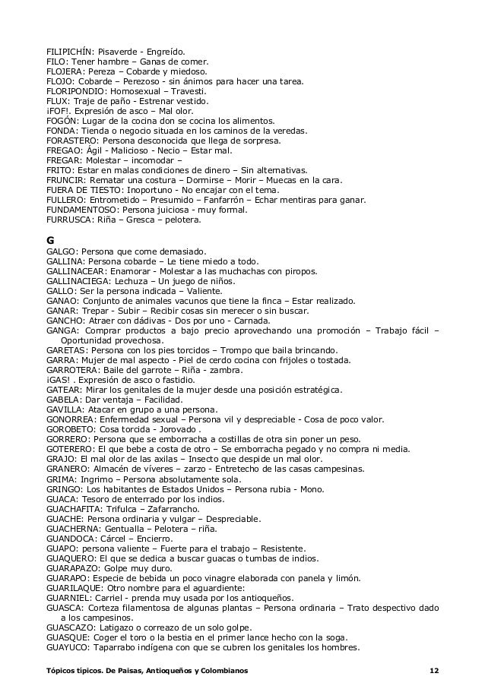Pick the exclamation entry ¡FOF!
59,111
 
